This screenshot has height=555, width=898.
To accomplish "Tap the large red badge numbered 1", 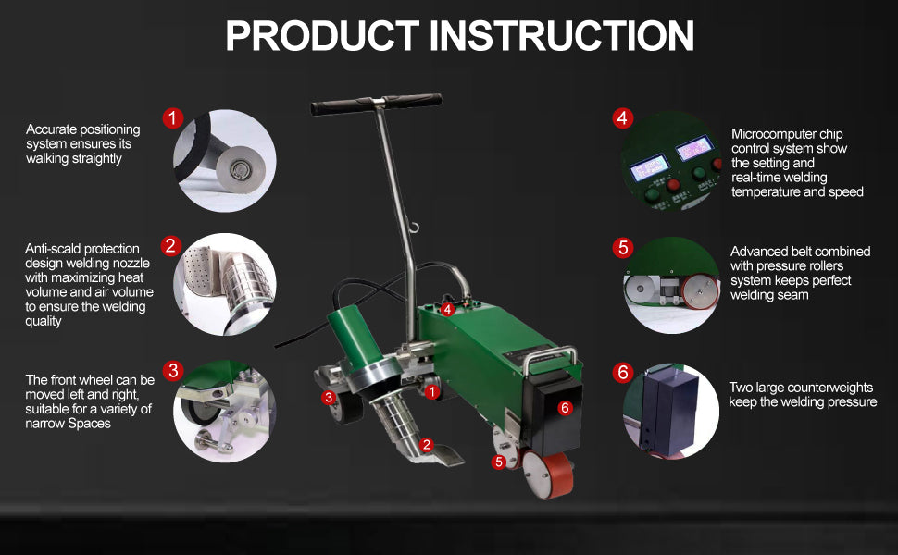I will pyautogui.click(x=172, y=118).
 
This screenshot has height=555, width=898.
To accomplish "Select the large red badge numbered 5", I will pyautogui.click(x=622, y=248).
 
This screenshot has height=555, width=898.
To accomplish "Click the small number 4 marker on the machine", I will pyautogui.click(x=448, y=309).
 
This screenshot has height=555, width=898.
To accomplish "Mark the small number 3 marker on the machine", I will pyautogui.click(x=329, y=397).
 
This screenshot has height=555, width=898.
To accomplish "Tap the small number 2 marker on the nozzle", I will pyautogui.click(x=427, y=444).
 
